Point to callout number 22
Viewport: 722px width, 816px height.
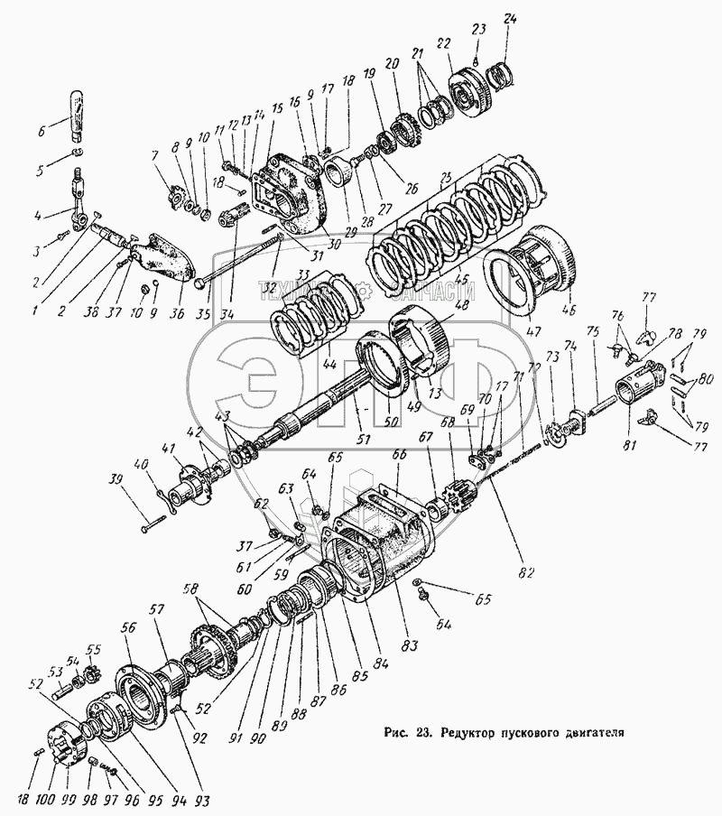443,43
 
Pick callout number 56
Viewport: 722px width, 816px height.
129,630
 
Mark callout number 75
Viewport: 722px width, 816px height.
593,332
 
